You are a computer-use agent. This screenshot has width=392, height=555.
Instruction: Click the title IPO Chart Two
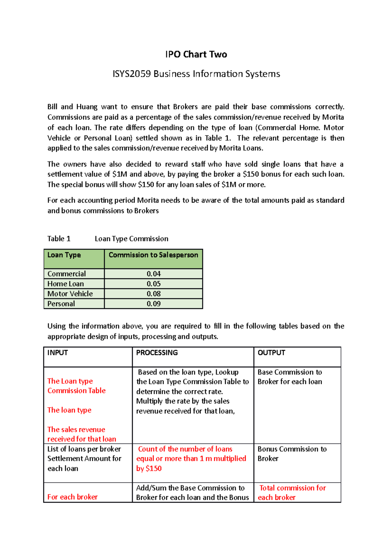tap(196, 54)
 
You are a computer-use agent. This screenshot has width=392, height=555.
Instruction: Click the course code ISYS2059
tap(132, 74)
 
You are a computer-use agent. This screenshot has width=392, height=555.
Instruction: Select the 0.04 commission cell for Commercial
tap(154, 274)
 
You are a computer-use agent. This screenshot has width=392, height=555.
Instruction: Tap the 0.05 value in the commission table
tap(154, 284)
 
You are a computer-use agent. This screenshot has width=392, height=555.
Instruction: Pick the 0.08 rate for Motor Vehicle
tap(154, 294)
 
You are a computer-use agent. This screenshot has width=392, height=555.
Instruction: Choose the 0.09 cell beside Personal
tap(154, 304)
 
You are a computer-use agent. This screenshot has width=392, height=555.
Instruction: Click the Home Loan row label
tap(66, 284)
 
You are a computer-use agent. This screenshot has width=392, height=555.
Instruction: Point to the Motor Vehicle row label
tap(70, 294)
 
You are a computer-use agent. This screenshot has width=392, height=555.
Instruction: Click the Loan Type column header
tap(64, 255)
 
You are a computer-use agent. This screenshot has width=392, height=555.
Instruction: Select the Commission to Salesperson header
tap(153, 255)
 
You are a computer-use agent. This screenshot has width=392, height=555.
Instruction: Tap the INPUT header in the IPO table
tap(57, 353)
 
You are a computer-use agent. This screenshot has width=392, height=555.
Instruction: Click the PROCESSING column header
tap(157, 353)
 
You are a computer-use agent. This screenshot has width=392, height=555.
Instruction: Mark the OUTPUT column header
tap(271, 353)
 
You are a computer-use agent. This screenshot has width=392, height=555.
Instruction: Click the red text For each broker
tap(73, 497)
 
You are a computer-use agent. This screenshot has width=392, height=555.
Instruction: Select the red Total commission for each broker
tap(292, 492)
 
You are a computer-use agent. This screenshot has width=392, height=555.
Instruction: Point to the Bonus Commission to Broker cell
tap(292, 454)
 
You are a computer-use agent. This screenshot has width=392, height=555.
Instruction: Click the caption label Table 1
tap(59, 239)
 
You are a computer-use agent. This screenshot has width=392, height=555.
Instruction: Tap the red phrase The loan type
tap(69, 410)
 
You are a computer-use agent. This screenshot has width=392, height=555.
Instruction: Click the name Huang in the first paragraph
tap(87, 107)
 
